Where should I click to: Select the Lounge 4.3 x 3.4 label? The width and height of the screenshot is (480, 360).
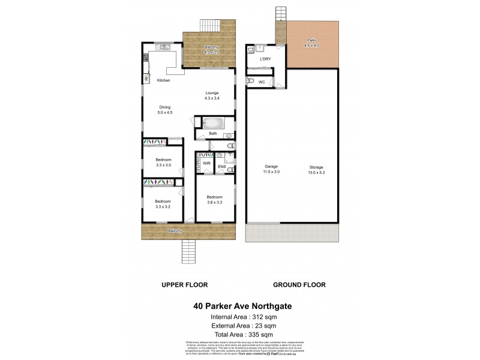point(212,95)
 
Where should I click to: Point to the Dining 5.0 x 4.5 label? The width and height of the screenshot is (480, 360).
point(156,110)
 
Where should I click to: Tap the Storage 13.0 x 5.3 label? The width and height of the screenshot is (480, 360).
point(316,169)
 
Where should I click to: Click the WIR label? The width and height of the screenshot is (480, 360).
point(206,163)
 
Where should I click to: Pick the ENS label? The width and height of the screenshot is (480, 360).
point(221,166)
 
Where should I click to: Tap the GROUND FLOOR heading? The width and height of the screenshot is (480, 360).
point(299,284)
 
